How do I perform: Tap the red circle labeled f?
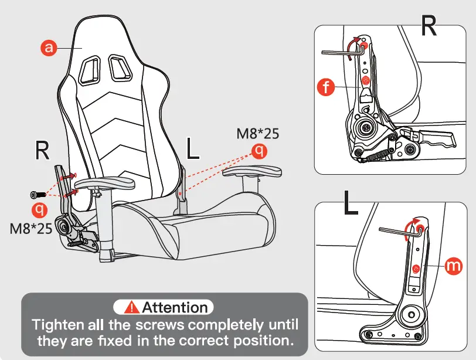pyautogui.click(x=325, y=87)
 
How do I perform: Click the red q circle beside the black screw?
pyautogui.click(x=39, y=208)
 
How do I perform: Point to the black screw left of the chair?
pyautogui.click(x=36, y=194)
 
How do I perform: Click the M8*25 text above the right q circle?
pyautogui.click(x=257, y=134)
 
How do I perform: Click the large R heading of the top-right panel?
pyautogui.click(x=429, y=25)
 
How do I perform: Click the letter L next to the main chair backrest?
pyautogui.click(x=193, y=150)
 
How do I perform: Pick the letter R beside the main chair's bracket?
pyautogui.click(x=42, y=150)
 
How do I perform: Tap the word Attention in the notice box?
pyautogui.click(x=175, y=307)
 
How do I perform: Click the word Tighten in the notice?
pyautogui.click(x=56, y=324)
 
